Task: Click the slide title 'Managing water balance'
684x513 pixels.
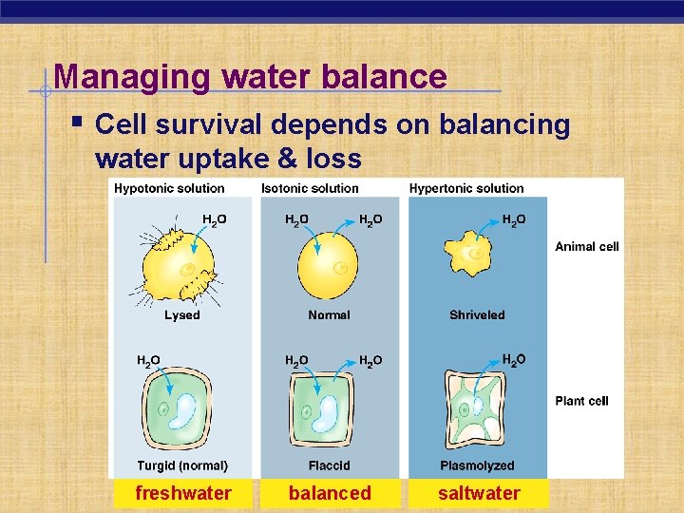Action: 250,76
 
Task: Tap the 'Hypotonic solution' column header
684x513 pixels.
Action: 169,188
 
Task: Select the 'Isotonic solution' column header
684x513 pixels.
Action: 310,188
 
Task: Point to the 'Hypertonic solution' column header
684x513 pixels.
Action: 466,188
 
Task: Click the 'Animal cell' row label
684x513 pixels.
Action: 586,247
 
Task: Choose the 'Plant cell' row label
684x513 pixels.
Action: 581,401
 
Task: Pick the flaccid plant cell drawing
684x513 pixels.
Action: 328,414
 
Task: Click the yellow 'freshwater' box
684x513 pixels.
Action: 183,493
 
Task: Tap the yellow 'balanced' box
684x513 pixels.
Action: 330,493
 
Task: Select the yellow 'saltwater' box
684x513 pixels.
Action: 479,493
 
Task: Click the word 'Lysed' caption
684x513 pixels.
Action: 182,315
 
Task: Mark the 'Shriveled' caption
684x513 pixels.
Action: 477,315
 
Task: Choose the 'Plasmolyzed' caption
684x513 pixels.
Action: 477,465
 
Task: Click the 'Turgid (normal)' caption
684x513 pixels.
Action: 182,465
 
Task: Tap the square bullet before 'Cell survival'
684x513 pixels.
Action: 78,123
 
